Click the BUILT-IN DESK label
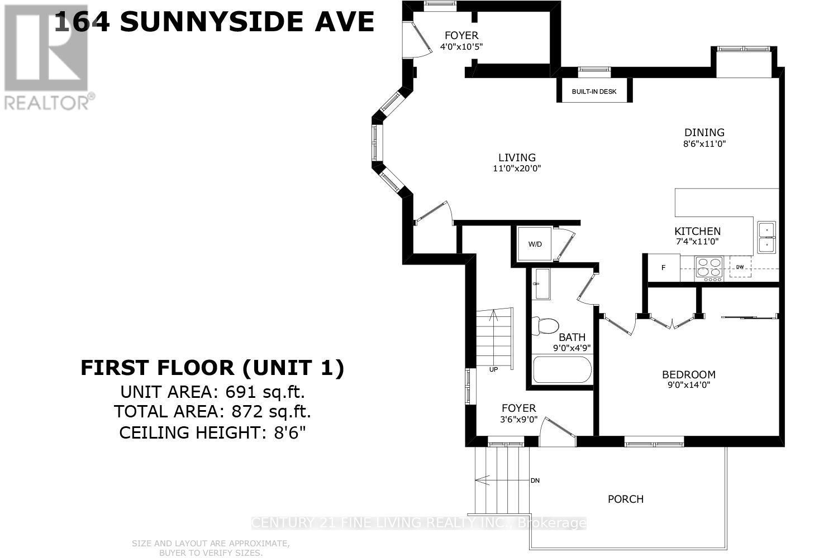coord(594,92)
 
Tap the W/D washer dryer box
coord(535,244)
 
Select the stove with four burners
coord(709,267)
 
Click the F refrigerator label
coord(664,268)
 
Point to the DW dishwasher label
coord(740,267)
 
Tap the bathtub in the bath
coord(562,369)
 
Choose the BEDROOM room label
coord(688,374)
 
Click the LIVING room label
coord(517,158)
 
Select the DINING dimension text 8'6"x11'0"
coord(704,143)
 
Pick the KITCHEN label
coord(697,231)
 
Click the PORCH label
coord(626,499)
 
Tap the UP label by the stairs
coord(493,369)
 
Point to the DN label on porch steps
coord(535,480)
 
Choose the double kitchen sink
coord(766,237)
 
